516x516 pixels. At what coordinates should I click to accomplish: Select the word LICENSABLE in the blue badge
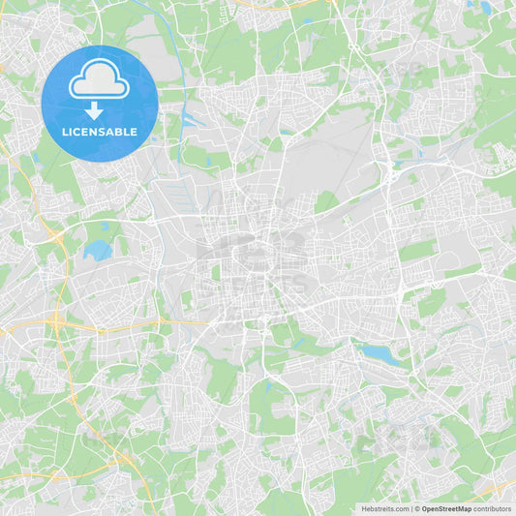click(x=100, y=131)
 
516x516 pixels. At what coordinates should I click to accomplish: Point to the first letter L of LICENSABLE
click(x=65, y=131)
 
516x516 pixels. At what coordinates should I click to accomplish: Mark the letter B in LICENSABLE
click(x=119, y=131)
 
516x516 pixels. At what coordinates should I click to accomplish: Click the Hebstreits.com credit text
click(x=384, y=508)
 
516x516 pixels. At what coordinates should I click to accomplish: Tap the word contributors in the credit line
click(x=493, y=508)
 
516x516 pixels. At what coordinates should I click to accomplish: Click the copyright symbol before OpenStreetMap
click(x=417, y=508)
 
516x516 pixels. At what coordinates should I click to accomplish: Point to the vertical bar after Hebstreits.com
click(x=411, y=508)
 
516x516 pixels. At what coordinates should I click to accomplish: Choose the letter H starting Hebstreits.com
click(x=363, y=508)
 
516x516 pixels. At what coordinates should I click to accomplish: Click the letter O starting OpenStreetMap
click(x=425, y=508)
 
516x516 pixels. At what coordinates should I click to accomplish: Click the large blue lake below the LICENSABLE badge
click(x=98, y=250)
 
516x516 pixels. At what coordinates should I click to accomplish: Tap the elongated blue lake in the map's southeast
click(x=380, y=355)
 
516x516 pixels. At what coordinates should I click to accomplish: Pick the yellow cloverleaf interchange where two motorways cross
click(x=57, y=320)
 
